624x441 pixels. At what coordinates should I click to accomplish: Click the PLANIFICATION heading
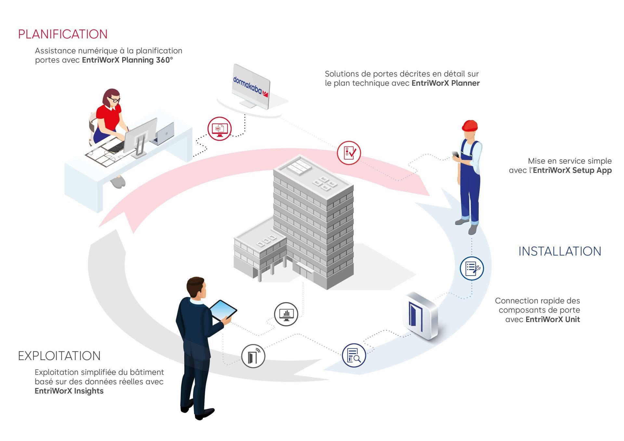point(63,34)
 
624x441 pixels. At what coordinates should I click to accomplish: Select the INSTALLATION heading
point(560,251)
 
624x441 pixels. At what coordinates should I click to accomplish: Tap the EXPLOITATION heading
point(59,356)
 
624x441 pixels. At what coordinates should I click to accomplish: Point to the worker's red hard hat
point(470,125)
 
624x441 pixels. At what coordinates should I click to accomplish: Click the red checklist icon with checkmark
point(349,153)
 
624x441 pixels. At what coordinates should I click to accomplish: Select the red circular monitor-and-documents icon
point(220,129)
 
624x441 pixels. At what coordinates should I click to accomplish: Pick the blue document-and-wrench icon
point(472,268)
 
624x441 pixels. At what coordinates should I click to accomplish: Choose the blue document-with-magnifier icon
point(354,355)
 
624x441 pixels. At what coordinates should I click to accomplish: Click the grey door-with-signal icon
point(253,356)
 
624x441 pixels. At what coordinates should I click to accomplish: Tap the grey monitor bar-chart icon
point(286,314)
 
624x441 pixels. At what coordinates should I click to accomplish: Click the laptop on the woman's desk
point(163,134)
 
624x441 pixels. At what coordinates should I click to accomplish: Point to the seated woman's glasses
point(114,99)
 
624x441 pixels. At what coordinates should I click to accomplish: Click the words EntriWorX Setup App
point(572,170)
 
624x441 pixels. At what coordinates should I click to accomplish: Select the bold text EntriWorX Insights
point(69,391)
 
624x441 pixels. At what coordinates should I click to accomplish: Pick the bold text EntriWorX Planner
point(446,83)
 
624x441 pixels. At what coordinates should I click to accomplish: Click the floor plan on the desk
point(106,153)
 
